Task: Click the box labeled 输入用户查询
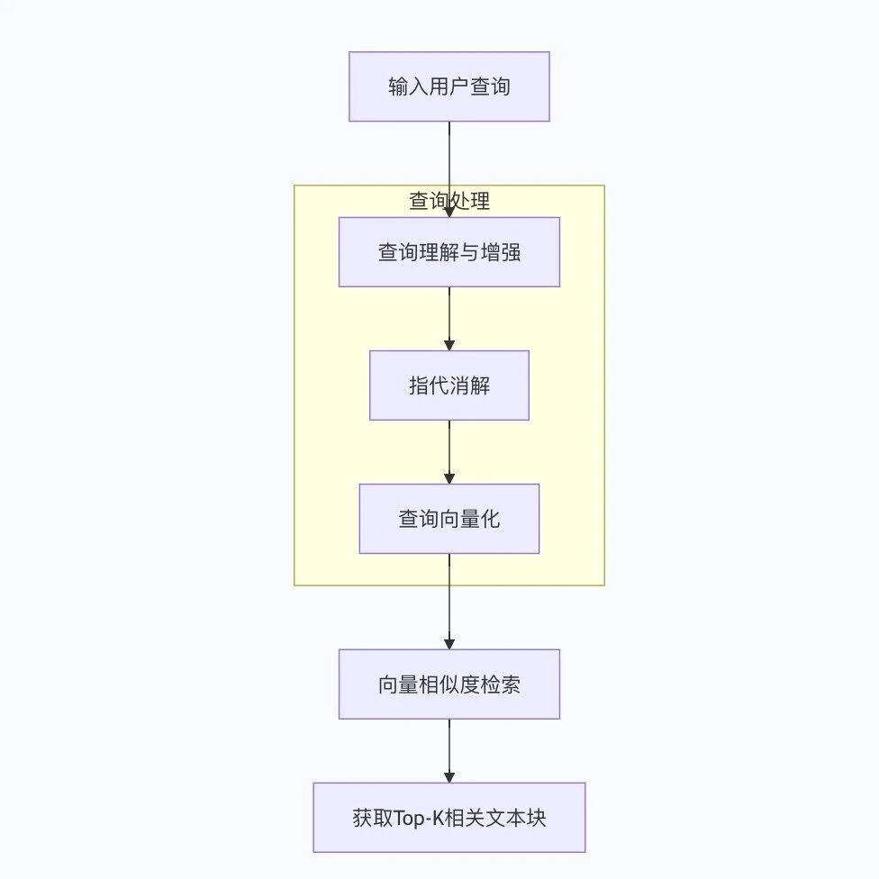point(449,86)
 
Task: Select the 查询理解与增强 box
point(449,251)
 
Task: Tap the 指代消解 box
point(449,385)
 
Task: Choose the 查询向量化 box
point(449,519)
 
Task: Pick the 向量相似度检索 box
point(449,684)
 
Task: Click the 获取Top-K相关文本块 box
point(449,818)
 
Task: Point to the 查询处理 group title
point(449,201)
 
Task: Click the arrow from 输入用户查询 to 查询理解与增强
point(449,169)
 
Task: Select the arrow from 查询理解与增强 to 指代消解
point(449,319)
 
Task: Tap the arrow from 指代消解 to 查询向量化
point(449,452)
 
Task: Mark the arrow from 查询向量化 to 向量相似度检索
point(449,602)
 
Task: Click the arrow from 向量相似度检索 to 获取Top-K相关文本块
point(449,751)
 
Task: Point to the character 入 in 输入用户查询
point(419,86)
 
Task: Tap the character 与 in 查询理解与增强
point(470,252)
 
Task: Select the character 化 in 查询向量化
point(490,519)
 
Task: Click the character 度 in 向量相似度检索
point(470,684)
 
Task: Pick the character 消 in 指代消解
point(459,385)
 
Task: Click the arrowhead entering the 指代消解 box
point(449,345)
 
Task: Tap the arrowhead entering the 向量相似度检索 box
point(449,644)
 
